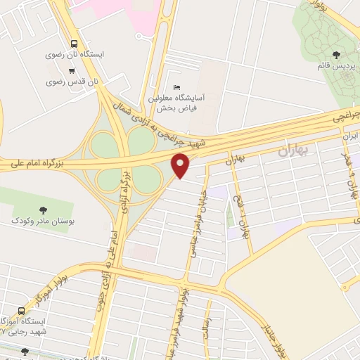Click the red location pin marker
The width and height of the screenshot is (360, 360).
tap(181, 165)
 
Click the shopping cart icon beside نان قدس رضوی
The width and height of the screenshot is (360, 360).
tap(72, 70)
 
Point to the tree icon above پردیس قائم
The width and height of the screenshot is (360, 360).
tap(337, 53)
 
